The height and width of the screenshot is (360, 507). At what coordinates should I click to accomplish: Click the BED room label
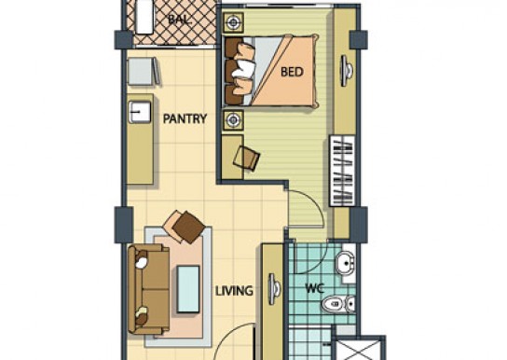coord(292,72)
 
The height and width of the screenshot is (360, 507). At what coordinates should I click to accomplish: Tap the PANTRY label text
coord(185,118)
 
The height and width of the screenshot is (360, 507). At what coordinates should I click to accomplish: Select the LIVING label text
coord(234,291)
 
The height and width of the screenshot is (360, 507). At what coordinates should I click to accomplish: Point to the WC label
coord(315,288)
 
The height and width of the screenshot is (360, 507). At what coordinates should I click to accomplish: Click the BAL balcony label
coord(179,20)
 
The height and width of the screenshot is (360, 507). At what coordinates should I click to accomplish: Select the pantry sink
coord(140,112)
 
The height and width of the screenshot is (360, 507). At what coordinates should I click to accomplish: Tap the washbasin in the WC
coord(346,264)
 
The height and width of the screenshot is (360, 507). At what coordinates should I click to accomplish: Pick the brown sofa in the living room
coord(149,289)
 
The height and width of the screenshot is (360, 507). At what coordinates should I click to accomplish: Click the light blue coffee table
coord(188,289)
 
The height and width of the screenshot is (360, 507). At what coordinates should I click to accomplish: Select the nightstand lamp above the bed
coord(233,22)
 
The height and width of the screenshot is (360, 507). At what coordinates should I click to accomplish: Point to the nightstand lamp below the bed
coord(233,120)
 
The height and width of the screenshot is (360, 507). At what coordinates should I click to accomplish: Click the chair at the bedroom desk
coord(247,158)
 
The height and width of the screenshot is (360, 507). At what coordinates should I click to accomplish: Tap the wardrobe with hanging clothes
coord(342,171)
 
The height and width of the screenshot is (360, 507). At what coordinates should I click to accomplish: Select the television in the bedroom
coord(347,71)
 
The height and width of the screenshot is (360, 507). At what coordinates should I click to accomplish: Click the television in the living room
coord(274,289)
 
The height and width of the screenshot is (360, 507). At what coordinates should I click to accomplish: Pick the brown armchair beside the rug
coord(185,227)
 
